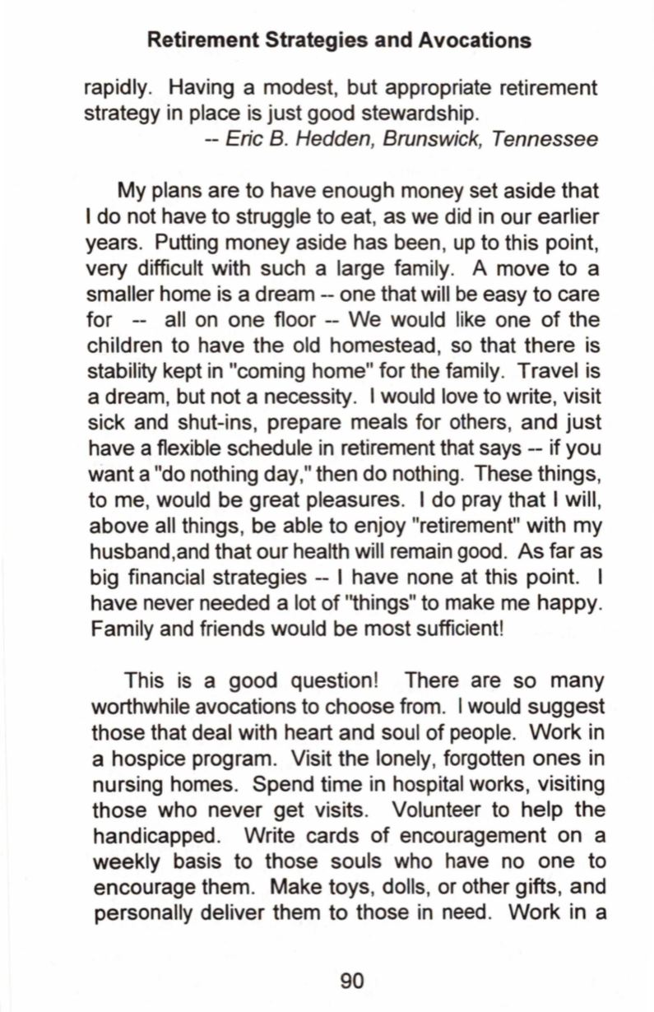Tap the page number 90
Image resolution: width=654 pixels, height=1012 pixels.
click(351, 980)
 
